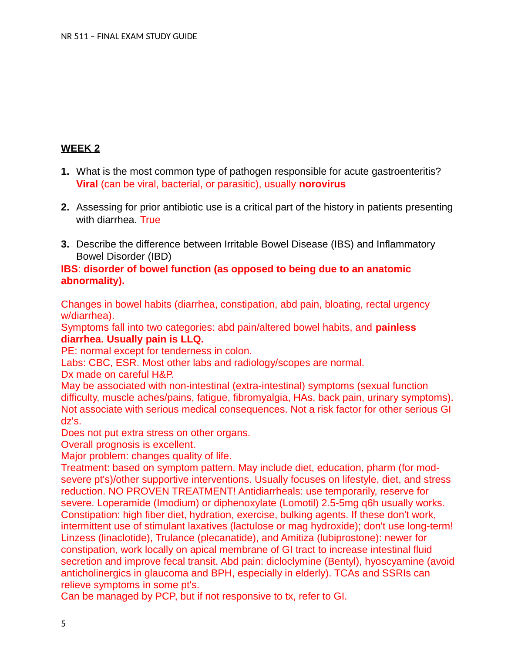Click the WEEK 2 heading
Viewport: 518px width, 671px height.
click(x=81, y=149)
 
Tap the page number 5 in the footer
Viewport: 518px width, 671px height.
click(x=64, y=624)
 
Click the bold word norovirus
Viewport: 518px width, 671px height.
click(x=322, y=184)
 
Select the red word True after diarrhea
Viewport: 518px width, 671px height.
click(x=150, y=220)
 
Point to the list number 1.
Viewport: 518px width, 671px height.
click(x=65, y=172)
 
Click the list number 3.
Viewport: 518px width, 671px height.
click(x=65, y=244)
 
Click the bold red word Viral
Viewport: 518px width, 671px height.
click(x=87, y=184)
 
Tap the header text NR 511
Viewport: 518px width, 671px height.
click(x=75, y=37)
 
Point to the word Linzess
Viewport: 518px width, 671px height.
click(x=78, y=538)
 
